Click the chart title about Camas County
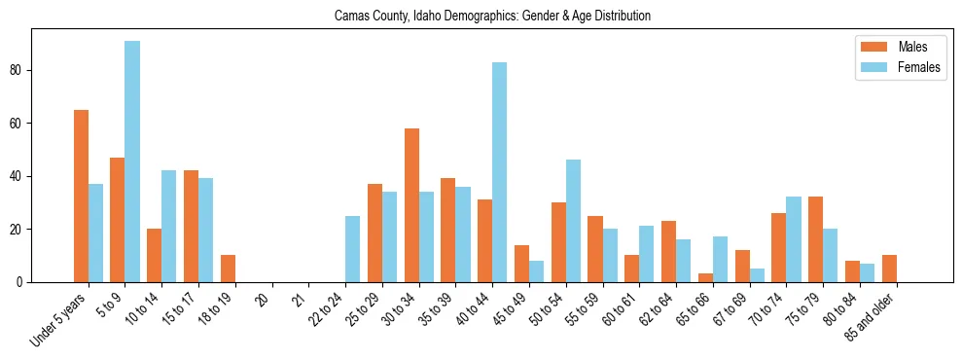click(492, 17)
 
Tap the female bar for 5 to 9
click(132, 162)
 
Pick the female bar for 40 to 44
click(499, 172)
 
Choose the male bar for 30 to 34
click(411, 205)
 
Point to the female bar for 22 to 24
click(352, 249)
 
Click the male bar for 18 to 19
click(228, 269)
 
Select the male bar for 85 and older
click(889, 269)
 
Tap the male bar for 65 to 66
click(705, 278)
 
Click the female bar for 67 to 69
click(757, 275)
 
